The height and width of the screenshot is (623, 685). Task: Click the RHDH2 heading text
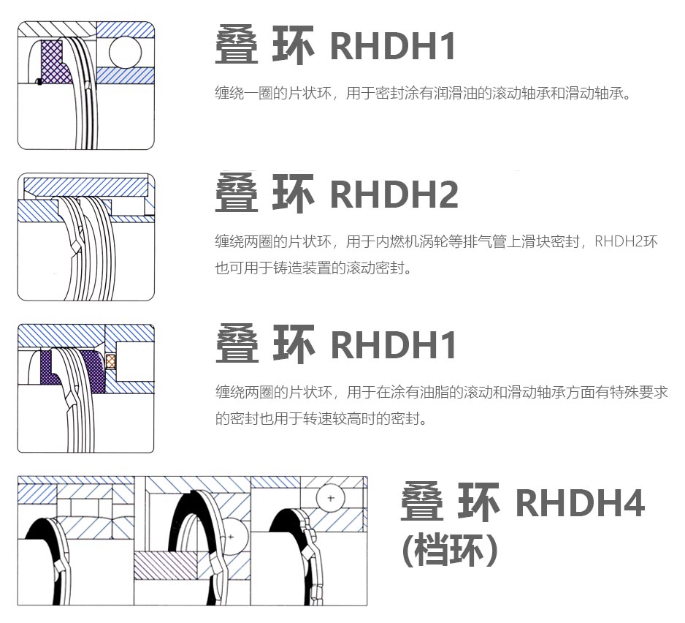(x=394, y=195)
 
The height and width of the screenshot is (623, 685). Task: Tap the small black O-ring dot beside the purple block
(x=37, y=80)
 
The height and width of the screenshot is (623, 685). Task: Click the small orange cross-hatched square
(x=111, y=361)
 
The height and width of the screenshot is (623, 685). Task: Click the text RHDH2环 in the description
(x=627, y=241)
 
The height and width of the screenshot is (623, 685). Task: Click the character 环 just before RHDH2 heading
(x=293, y=195)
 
